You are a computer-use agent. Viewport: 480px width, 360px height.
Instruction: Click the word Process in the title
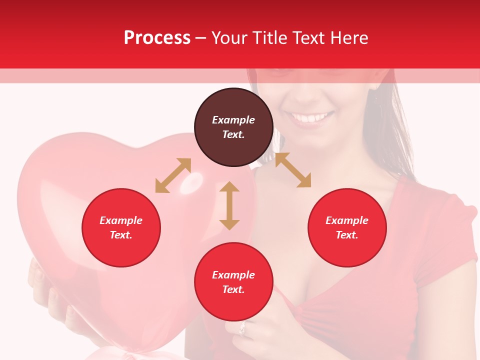[x=157, y=38]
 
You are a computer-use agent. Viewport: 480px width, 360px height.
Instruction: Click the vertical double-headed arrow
[x=229, y=205]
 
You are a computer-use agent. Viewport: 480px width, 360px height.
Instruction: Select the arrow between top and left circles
[x=173, y=175]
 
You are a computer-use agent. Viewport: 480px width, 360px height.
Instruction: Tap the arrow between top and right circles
[x=293, y=170]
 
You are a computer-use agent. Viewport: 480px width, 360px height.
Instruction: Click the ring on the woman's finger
[x=242, y=328]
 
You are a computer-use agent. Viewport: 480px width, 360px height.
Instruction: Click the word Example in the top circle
[x=233, y=120]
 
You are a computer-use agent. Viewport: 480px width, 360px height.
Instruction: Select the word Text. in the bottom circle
[x=233, y=289]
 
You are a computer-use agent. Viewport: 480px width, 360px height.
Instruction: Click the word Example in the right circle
[x=347, y=220]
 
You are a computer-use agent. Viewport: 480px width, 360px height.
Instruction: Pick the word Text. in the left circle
[x=121, y=235]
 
